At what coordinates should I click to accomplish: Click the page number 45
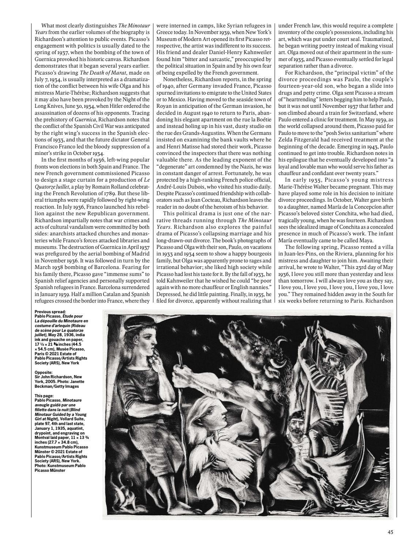click(390, 532)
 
